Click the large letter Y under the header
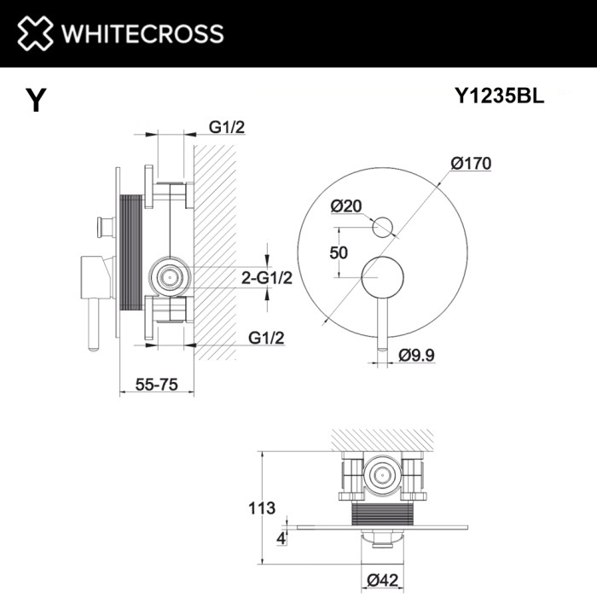(35, 101)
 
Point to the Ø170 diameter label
(472, 165)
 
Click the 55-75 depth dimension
(156, 384)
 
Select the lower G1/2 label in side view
(266, 338)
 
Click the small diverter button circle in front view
(383, 226)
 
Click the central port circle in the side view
(169, 275)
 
